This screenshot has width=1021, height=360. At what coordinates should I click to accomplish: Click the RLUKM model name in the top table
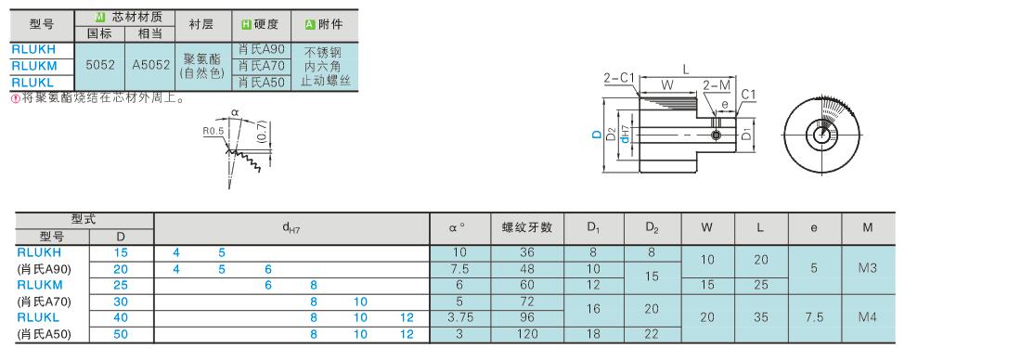coord(34,66)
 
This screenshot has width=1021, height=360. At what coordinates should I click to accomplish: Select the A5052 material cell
coord(150,65)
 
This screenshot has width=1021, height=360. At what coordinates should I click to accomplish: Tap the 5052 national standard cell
coord(100,65)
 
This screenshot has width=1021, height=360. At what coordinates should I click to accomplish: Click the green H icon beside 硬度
coord(246,25)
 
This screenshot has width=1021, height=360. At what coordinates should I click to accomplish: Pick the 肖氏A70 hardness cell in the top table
coord(261,66)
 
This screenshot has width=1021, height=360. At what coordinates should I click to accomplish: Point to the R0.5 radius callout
coord(213,131)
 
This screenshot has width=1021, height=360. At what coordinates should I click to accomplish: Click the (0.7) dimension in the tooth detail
coord(261,133)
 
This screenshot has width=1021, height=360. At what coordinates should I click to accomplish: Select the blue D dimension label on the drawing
coord(596,135)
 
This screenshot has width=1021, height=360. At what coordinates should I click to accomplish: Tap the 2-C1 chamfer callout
coord(618,78)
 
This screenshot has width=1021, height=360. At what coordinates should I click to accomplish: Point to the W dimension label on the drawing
coord(666,84)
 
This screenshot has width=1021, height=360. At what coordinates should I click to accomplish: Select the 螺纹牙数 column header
coord(527,227)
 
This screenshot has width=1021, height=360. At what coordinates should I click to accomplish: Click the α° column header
coord(457,228)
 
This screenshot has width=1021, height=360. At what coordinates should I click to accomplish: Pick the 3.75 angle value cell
coord(459,317)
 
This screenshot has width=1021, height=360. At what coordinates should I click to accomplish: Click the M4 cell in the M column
coord(867,317)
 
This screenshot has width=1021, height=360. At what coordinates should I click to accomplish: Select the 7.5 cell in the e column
coord(814,317)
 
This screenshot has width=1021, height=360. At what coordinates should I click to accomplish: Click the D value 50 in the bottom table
coord(121,335)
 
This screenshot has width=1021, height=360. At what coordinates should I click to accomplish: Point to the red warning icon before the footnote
coord(16,99)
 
